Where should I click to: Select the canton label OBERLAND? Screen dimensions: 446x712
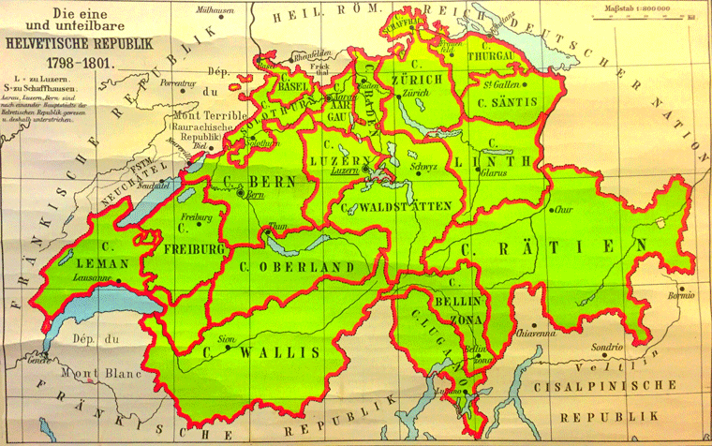(x=313, y=268)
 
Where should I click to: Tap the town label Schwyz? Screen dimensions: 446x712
(x=424, y=167)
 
